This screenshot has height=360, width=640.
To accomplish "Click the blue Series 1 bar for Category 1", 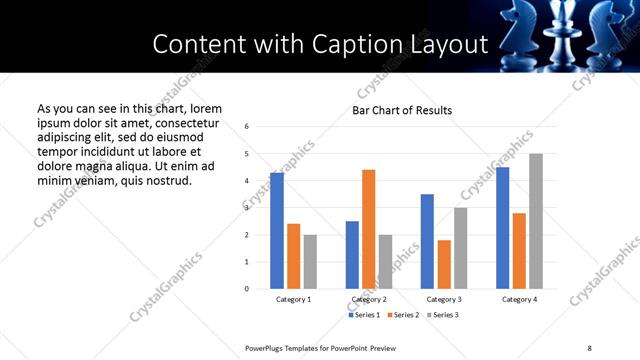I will (277, 231).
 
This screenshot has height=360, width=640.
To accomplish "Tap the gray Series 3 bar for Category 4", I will (536, 221).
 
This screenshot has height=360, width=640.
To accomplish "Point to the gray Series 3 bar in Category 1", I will (310, 262).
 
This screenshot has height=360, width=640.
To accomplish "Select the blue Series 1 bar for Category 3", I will (427, 241).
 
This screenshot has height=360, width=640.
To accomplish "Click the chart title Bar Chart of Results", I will (402, 110).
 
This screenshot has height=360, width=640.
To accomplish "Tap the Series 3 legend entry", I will (444, 315).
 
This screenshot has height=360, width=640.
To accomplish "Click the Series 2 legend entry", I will (403, 315).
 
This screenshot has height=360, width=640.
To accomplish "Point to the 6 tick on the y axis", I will (247, 127).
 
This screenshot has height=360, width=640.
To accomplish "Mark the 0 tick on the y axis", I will (247, 289).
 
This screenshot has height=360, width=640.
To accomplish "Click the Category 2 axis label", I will (369, 300).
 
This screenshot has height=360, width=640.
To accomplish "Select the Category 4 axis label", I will (519, 300).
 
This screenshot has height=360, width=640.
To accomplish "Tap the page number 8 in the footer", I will (589, 346).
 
